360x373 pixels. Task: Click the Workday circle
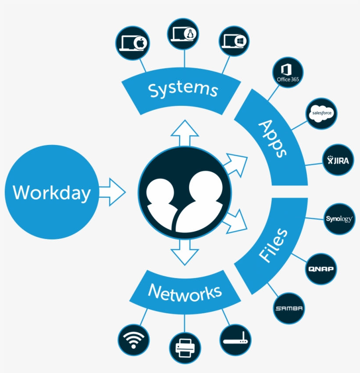52,192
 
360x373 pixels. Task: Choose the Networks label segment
184,292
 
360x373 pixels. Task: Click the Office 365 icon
288,72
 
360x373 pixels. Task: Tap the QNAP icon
321,268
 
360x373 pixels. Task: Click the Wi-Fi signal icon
134,340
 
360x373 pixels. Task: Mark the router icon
235,339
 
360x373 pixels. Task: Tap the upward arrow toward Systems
184,132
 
